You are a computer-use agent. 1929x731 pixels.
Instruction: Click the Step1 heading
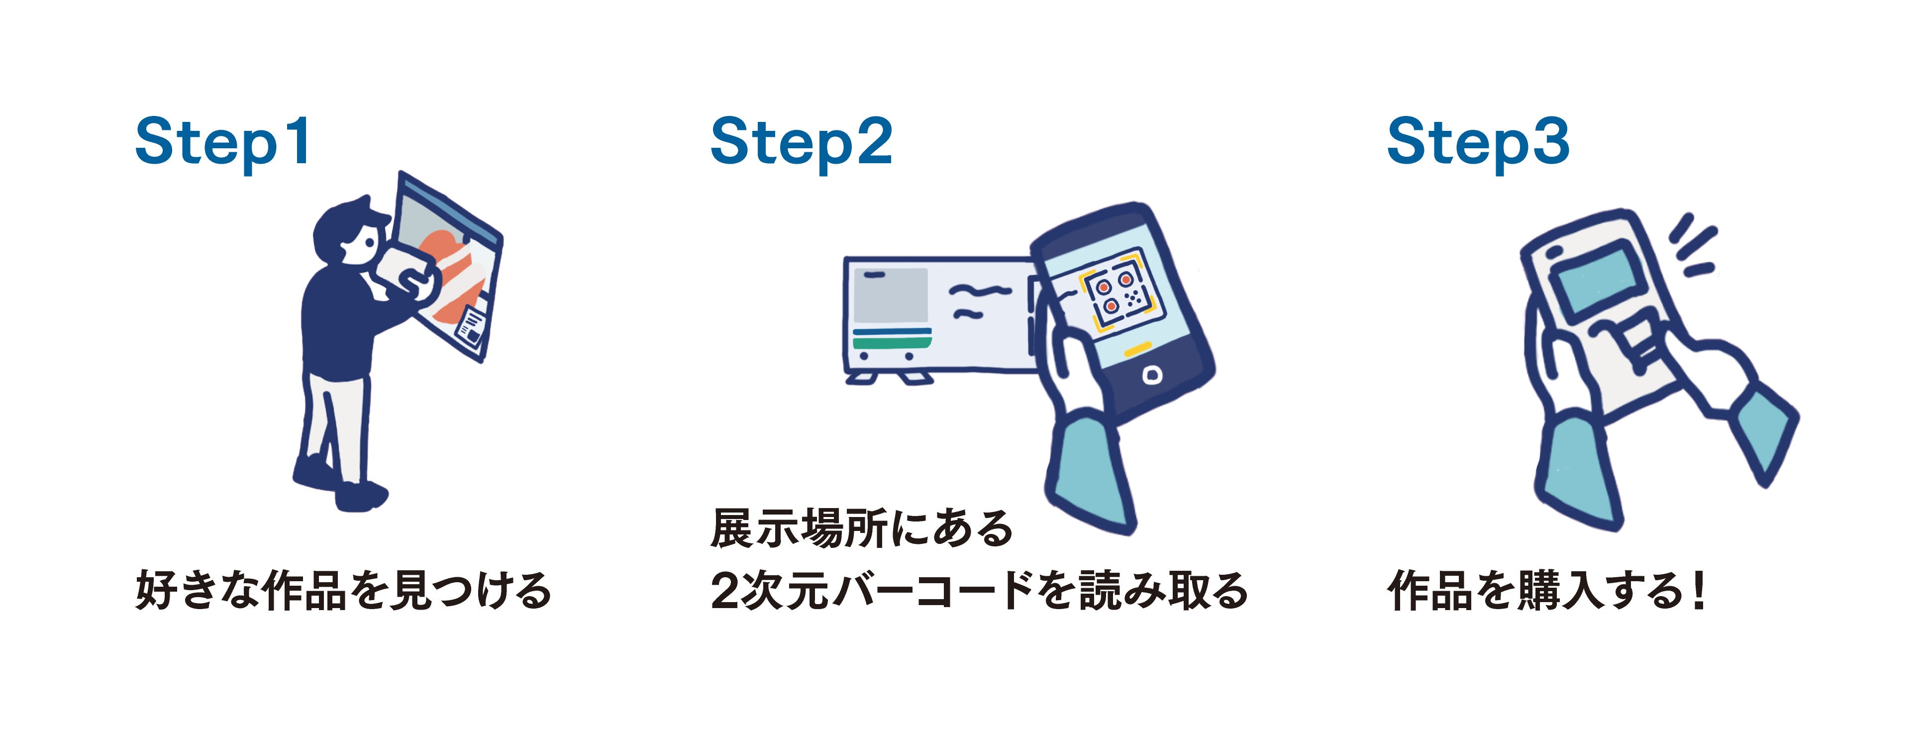click(222, 142)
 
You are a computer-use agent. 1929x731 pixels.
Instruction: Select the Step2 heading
click(801, 142)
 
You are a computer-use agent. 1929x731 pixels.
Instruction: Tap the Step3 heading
click(1477, 142)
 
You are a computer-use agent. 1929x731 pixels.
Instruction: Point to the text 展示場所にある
click(861, 529)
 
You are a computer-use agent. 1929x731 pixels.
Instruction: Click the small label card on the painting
click(472, 326)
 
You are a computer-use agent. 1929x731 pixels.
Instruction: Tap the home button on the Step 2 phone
click(1152, 375)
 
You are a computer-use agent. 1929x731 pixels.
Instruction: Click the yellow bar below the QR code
click(1137, 349)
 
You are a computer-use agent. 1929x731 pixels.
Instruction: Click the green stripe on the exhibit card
click(891, 343)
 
